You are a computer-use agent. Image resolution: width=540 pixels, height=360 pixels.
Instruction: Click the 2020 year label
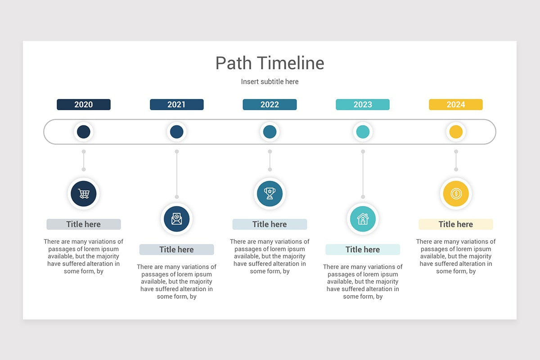point(84,104)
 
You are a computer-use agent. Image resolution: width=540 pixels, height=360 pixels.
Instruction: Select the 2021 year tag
point(176,104)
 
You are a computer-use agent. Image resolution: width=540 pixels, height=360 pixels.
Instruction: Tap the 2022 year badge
point(270,104)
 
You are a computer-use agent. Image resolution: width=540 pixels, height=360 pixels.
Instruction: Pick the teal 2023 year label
point(363,104)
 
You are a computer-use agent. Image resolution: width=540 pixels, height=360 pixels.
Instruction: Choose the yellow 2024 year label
point(455,104)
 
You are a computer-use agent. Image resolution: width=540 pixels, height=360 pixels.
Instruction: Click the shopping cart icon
point(84,193)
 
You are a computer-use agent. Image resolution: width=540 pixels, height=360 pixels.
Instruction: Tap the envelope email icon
point(176,219)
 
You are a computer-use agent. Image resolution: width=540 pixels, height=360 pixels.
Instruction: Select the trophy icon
point(270,193)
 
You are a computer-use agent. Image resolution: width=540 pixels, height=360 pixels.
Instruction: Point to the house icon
point(363,219)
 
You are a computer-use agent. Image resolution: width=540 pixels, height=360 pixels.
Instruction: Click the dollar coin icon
point(455,193)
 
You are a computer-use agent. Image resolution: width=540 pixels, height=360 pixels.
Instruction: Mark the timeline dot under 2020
point(84,132)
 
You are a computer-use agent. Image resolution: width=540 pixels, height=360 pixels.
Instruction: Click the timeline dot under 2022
point(270,132)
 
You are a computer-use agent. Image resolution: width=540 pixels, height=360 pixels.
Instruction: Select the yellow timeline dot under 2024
point(455,132)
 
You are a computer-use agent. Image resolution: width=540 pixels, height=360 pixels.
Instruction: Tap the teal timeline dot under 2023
point(363,132)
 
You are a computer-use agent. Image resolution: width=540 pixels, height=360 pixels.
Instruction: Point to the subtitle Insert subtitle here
point(270,81)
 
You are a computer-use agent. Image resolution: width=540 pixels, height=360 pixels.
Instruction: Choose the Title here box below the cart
point(84,224)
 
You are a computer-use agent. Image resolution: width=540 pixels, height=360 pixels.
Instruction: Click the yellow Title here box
point(455,224)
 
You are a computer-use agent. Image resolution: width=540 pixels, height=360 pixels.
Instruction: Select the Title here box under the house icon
point(363,249)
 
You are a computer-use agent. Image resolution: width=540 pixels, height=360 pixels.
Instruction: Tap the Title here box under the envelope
point(176,249)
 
